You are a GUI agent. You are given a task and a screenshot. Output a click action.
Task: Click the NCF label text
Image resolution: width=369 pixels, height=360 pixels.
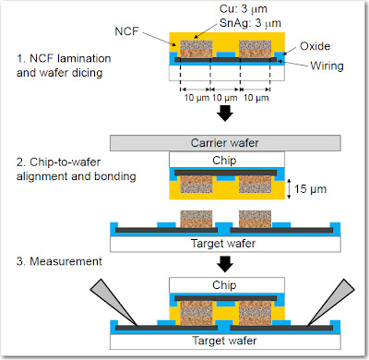coord(126,31)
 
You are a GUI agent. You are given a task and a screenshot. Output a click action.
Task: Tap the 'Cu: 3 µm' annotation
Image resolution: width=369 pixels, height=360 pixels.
coord(244,9)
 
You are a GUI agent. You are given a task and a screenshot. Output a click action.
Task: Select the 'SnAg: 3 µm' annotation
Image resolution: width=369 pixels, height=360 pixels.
coord(250,23)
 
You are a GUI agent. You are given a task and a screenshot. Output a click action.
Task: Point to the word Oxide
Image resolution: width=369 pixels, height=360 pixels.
coord(315,46)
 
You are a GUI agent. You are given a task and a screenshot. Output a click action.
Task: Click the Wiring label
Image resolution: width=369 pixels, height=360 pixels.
coord(327,66)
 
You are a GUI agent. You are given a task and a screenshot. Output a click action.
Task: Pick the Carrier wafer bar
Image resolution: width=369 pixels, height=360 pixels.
coord(225,143)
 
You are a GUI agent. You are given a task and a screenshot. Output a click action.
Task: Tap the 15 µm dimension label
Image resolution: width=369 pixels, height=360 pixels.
coord(310,188)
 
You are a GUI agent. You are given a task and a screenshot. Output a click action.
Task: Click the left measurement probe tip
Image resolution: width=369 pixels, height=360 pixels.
coord(137,325)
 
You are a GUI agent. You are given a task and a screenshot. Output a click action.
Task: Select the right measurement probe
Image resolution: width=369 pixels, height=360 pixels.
coord(331,302)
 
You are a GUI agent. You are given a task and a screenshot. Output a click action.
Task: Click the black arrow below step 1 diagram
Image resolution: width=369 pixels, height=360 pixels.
coord(225,113)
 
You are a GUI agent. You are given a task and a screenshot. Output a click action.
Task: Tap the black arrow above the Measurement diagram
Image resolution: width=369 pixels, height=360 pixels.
coord(225,264)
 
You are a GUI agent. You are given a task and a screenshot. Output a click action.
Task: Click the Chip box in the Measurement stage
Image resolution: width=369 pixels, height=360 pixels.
coord(227,285)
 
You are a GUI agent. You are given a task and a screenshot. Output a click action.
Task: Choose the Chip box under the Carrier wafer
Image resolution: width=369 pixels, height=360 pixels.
coord(227,161)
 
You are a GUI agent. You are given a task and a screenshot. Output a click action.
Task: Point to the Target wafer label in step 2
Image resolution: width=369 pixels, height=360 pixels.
coord(223,244)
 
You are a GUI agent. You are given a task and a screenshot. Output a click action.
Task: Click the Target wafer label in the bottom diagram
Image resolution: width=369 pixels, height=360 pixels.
coord(224,341)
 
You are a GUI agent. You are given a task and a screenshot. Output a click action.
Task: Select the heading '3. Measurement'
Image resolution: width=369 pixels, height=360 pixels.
coord(59,261)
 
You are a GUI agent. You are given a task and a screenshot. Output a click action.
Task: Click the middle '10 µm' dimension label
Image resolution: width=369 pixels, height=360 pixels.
coord(225,98)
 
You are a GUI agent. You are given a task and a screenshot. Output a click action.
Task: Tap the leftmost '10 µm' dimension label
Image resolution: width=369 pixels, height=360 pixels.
coord(196,98)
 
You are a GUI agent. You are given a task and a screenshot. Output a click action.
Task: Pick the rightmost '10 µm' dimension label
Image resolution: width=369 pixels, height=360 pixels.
coord(256,98)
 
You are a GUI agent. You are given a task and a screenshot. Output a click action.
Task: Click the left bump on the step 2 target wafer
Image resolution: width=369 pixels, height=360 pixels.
coord(196,219)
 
